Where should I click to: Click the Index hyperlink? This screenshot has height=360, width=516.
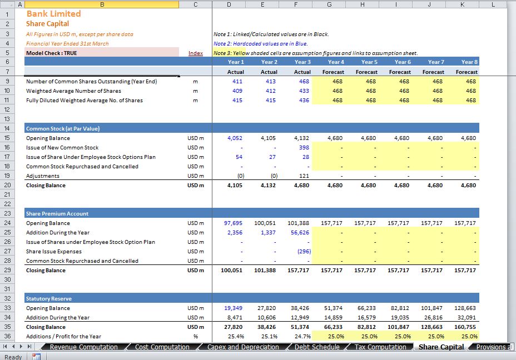pyautogui.click(x=196, y=53)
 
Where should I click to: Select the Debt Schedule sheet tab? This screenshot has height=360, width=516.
pyautogui.click(x=317, y=347)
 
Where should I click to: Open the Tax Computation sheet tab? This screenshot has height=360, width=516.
pyautogui.click(x=380, y=347)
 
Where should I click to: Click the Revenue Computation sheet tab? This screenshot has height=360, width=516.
pyautogui.click(x=83, y=347)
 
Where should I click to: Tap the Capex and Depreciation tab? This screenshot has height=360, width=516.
pyautogui.click(x=243, y=347)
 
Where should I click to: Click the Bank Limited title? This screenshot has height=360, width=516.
pyautogui.click(x=53, y=13)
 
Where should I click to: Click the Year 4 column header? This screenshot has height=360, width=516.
pyautogui.click(x=336, y=62)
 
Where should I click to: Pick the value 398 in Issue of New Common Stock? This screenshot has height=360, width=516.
pyautogui.click(x=304, y=148)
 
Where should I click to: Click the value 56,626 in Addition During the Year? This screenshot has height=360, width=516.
pyautogui.click(x=300, y=232)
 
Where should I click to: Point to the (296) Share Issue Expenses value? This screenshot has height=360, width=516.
pyautogui.click(x=304, y=252)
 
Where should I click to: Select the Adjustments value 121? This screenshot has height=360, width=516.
pyautogui.click(x=304, y=176)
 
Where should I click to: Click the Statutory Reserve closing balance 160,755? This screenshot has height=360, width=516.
pyautogui.click(x=465, y=327)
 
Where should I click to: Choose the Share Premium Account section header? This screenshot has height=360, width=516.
pyautogui.click(x=57, y=214)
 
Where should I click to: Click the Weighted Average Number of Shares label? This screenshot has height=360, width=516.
pyautogui.click(x=74, y=91)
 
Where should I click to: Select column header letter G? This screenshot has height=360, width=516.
pyautogui.click(x=329, y=4)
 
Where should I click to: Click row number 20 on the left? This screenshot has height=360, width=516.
pyautogui.click(x=7, y=185)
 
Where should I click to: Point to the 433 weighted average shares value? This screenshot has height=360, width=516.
pyautogui.click(x=304, y=91)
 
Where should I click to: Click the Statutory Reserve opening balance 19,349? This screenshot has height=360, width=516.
pyautogui.click(x=233, y=308)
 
